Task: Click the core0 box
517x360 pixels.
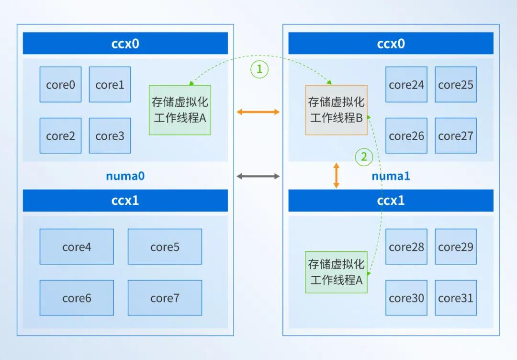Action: point(60,85)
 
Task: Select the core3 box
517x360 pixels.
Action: point(110,136)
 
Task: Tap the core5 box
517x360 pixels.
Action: point(165,247)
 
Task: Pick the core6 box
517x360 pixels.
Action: point(77,298)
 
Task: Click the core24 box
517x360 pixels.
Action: point(406,85)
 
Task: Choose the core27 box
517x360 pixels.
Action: point(455,136)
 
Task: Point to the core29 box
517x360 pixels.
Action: point(455,247)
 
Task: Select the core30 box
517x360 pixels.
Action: point(406,298)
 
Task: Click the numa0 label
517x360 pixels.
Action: point(125,176)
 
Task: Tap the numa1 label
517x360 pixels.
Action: point(391,176)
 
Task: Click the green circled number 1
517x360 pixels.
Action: point(259,69)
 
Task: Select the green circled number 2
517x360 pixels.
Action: point(363,156)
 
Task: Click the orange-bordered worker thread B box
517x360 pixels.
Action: point(337,110)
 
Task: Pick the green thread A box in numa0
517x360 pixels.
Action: point(180,110)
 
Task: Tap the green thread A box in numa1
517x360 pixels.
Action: point(337,272)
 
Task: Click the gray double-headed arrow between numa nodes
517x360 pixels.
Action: point(258,176)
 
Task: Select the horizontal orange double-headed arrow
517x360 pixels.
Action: point(258,112)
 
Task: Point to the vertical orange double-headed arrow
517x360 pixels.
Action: point(336,175)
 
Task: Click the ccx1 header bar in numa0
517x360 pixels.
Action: point(125,200)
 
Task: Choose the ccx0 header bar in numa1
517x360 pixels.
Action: point(391,44)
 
